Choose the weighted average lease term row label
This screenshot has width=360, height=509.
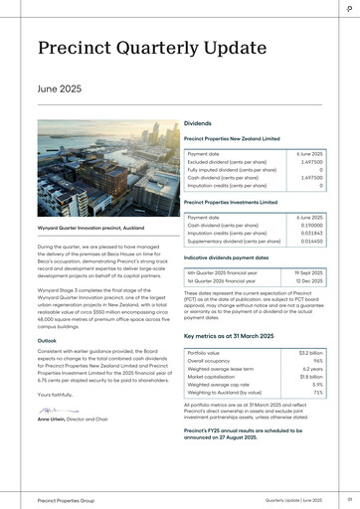(227, 368)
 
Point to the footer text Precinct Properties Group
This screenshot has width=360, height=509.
(65, 499)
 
